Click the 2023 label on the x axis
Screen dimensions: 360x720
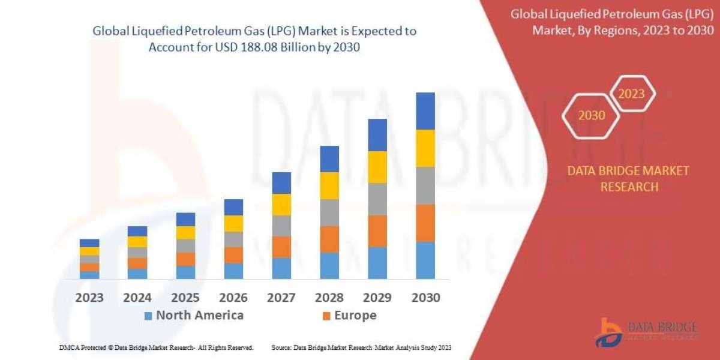pos(89,298)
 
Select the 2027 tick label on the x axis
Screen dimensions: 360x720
pos(281,298)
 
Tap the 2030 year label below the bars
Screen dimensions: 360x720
pos(425,298)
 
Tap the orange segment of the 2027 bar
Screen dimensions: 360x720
pos(281,247)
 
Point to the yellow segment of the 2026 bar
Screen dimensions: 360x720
pos(233,223)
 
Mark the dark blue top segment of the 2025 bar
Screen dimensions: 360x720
pos(185,219)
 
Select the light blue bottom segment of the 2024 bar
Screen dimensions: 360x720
pos(137,273)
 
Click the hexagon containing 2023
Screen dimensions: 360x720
pos(631,94)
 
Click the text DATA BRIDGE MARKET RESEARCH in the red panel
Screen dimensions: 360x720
pos(628,179)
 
